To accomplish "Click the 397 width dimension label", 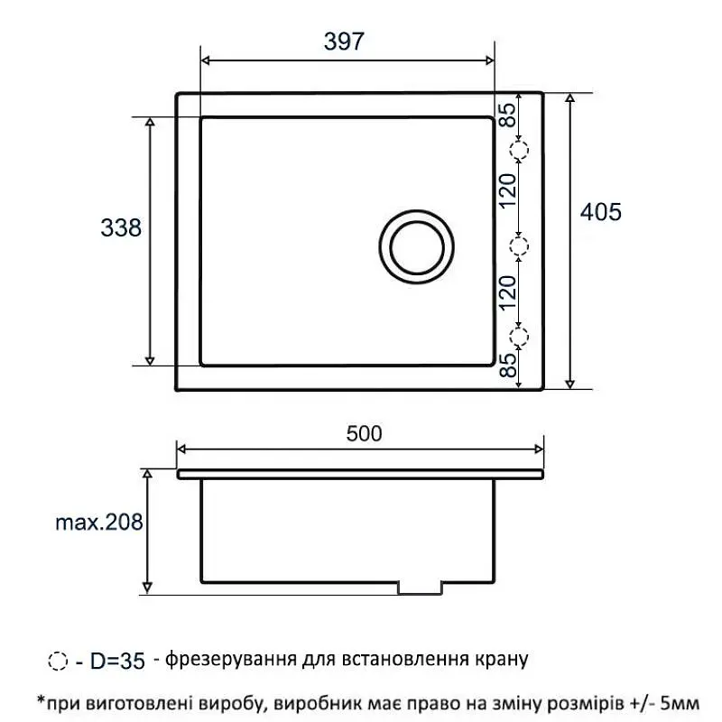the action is point(344,42).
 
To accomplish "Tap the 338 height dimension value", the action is point(121,228).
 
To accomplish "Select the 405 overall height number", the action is point(600,212).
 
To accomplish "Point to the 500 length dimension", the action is point(364,434).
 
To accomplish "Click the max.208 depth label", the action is point(99,523).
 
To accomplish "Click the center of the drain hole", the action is point(417,247).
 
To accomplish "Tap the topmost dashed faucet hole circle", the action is point(519,150).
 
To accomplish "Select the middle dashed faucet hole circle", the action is point(519,246).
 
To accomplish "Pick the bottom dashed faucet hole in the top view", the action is point(519,337).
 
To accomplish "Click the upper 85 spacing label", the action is point(507,116).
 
